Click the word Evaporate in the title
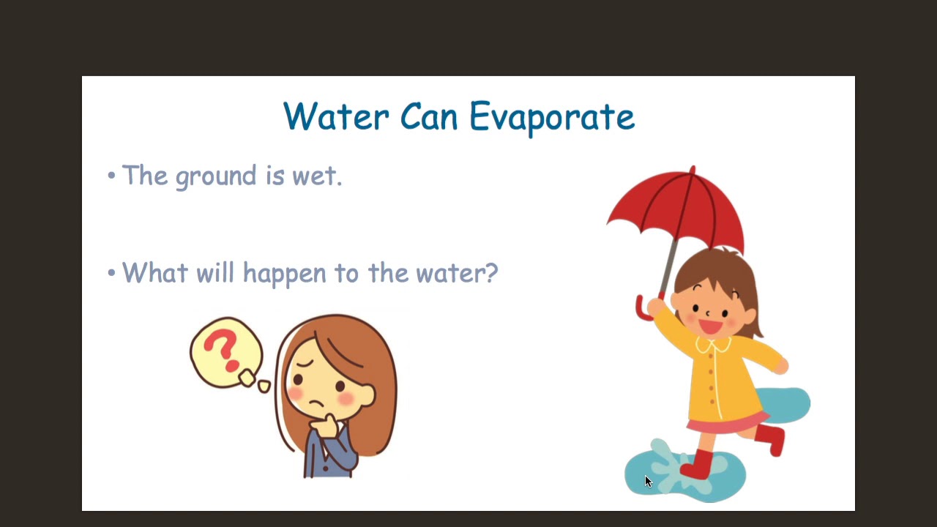(x=551, y=117)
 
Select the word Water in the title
(x=335, y=117)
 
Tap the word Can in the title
(x=429, y=117)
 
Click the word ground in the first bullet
(x=216, y=177)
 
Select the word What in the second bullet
(x=154, y=273)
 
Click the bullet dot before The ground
(x=111, y=176)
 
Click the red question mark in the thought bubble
(x=223, y=350)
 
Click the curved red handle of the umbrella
(x=642, y=309)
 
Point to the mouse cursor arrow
(x=648, y=481)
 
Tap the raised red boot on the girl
(x=772, y=438)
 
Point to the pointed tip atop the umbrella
(x=693, y=170)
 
